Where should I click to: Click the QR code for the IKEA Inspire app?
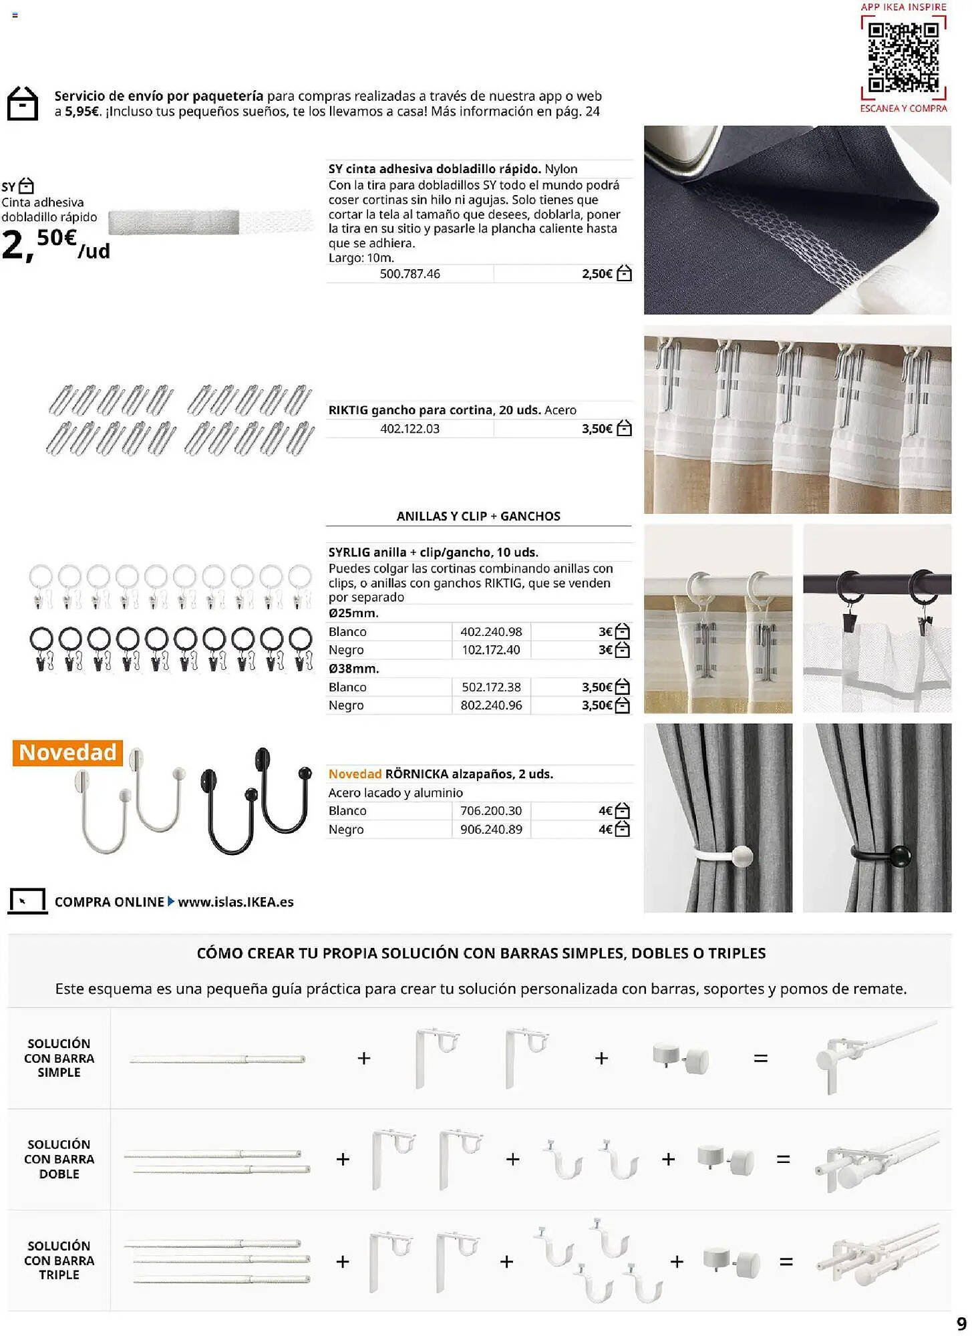pyautogui.click(x=903, y=57)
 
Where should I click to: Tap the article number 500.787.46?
pyautogui.click(x=410, y=274)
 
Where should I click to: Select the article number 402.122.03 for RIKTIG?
pyautogui.click(x=410, y=429)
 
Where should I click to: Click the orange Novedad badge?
pyautogui.click(x=67, y=752)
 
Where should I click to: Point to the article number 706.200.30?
pyautogui.click(x=491, y=811)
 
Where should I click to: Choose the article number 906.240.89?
pyautogui.click(x=491, y=830)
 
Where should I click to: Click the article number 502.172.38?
pyautogui.click(x=491, y=687)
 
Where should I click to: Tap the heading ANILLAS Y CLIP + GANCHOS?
pyautogui.click(x=478, y=516)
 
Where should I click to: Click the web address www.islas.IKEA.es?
pyautogui.click(x=236, y=902)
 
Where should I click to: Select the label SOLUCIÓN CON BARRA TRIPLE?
pyautogui.click(x=59, y=1261)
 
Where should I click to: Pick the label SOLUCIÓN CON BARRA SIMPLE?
pyautogui.click(x=59, y=1058)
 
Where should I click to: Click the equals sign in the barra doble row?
pyautogui.click(x=783, y=1159)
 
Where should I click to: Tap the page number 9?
pyautogui.click(x=961, y=1323)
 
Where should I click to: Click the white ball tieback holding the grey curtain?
pyautogui.click(x=742, y=856)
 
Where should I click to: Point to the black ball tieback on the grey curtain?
pyautogui.click(x=900, y=856)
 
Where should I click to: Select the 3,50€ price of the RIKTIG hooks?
pyautogui.click(x=597, y=429)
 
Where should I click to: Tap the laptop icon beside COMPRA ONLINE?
pyautogui.click(x=27, y=901)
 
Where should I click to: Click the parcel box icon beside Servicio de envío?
pyautogui.click(x=23, y=104)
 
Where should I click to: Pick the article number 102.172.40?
pyautogui.click(x=491, y=650)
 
